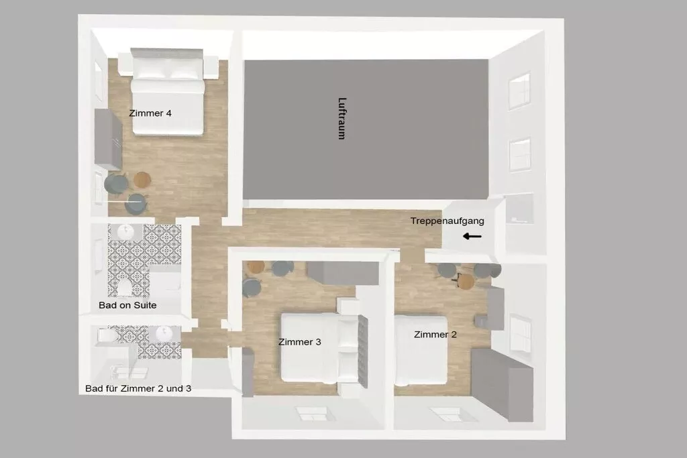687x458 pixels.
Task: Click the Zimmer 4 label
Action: pos(150,113)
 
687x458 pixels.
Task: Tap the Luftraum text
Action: pos(341,118)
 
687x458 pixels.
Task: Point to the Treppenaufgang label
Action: pos(447,221)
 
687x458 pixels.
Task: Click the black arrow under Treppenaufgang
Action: pos(472,237)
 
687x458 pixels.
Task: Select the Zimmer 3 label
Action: pos(300,342)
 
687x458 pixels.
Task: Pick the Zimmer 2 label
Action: pos(435,335)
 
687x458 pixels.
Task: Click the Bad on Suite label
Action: pos(127,305)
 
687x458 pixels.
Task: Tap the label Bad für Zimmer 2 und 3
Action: pos(138,388)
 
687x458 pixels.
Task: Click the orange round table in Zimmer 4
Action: pos(142,179)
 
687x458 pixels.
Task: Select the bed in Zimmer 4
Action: pos(167,92)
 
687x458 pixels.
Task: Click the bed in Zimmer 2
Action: pos(421,351)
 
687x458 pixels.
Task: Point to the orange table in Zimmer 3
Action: pos(256,267)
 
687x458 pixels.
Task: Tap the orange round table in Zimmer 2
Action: pos(466,281)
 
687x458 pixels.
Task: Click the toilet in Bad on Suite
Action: pos(124,288)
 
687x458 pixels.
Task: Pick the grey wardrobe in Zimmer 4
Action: pos(108,139)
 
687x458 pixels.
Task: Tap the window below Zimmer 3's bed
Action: pos(312,414)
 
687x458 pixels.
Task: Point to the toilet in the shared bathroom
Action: pos(107,335)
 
